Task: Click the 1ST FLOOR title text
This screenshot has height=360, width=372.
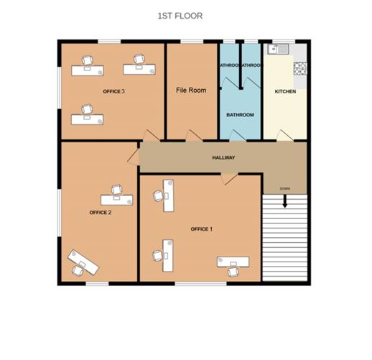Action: [x=180, y=15]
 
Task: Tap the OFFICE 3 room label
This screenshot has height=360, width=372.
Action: [x=113, y=92]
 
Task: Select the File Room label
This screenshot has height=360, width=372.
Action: [x=191, y=91]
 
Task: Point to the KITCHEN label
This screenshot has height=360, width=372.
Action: [x=285, y=92]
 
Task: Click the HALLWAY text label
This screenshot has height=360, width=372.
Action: [x=224, y=158]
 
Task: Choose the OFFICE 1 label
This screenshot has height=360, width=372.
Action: [x=201, y=229]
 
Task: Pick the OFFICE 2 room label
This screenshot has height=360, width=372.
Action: [x=100, y=213]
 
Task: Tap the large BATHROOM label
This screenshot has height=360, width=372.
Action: [x=240, y=115]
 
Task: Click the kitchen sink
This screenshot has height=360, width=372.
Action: [x=276, y=50]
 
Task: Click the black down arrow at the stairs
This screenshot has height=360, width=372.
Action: [x=285, y=202]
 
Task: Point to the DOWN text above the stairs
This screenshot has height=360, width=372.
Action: [x=285, y=189]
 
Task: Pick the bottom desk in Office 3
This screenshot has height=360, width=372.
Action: [x=88, y=116]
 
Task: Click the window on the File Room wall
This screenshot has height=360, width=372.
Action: [x=191, y=42]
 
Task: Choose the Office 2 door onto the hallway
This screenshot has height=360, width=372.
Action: [x=134, y=156]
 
